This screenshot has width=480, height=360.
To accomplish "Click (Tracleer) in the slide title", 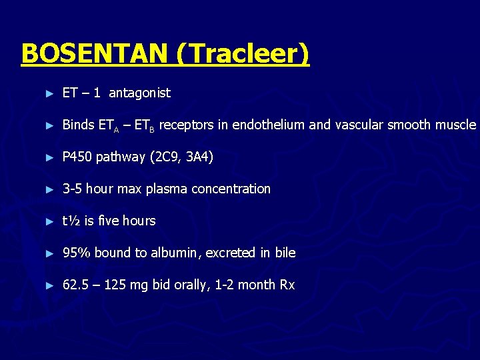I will click(243, 53).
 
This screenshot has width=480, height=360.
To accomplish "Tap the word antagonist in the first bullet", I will click(139, 93).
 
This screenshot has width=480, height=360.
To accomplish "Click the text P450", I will click(77, 157).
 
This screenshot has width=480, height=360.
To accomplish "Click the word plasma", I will click(167, 189).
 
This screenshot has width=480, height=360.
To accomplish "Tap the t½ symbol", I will click(71, 221).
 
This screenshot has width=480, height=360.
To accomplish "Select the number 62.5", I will click(75, 285).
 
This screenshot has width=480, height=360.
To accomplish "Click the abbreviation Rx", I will click(287, 285).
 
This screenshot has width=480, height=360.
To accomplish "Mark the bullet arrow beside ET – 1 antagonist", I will click(49, 93).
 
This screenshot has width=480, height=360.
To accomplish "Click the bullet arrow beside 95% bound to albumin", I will click(49, 253).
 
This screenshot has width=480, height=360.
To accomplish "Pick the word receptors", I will click(183, 125).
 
